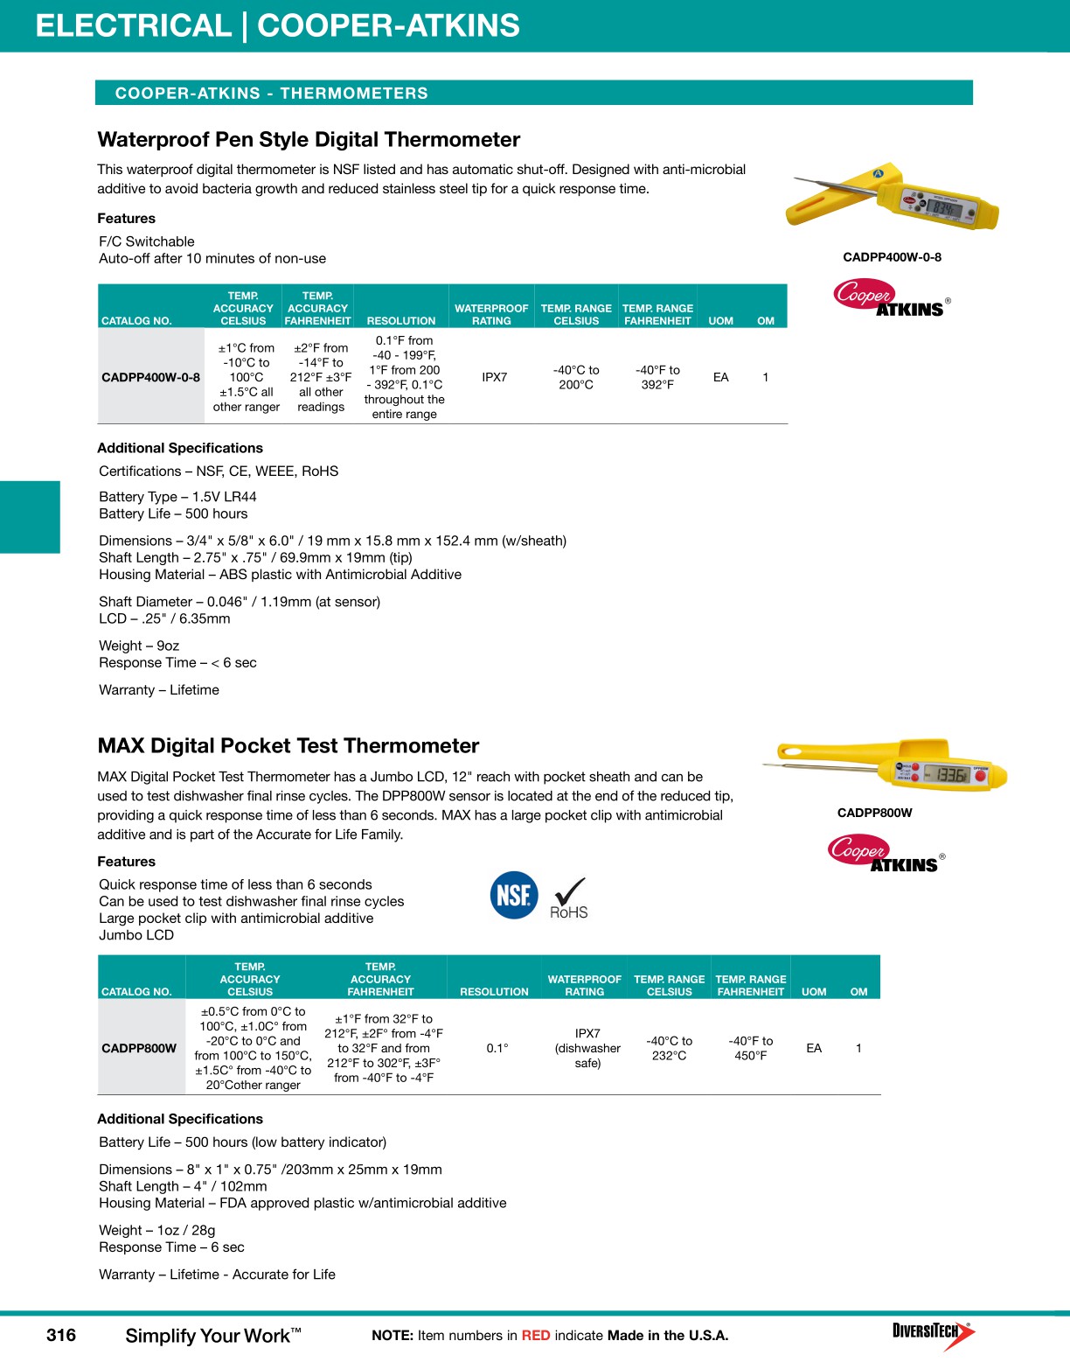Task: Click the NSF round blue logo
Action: click(514, 895)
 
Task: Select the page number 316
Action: click(61, 1335)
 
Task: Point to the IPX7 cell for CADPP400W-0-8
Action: click(494, 377)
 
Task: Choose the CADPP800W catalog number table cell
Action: click(139, 1048)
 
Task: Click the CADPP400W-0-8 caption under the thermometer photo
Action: click(892, 257)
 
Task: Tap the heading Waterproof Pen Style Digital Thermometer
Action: click(309, 140)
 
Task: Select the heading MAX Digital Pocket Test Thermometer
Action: click(288, 746)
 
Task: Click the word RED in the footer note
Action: click(536, 1336)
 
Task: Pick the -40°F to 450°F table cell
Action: click(750, 1048)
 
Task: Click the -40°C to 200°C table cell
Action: click(576, 377)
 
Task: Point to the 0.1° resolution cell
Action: click(497, 1048)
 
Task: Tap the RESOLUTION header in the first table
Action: click(401, 321)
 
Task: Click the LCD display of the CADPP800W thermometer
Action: click(946, 775)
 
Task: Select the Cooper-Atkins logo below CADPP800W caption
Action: click(885, 854)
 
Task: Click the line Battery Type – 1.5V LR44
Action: click(177, 497)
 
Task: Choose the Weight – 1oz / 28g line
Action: click(157, 1230)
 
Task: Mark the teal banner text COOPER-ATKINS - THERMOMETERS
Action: click(271, 94)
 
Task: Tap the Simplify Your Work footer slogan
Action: click(212, 1336)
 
